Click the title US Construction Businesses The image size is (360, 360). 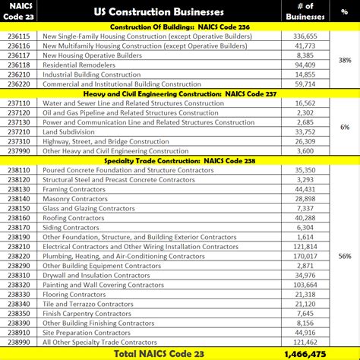click(159, 12)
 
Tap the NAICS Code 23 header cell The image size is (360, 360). click(21, 12)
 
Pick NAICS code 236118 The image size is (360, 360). click(21, 65)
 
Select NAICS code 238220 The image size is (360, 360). click(21, 256)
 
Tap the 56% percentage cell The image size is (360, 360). click(343, 256)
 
